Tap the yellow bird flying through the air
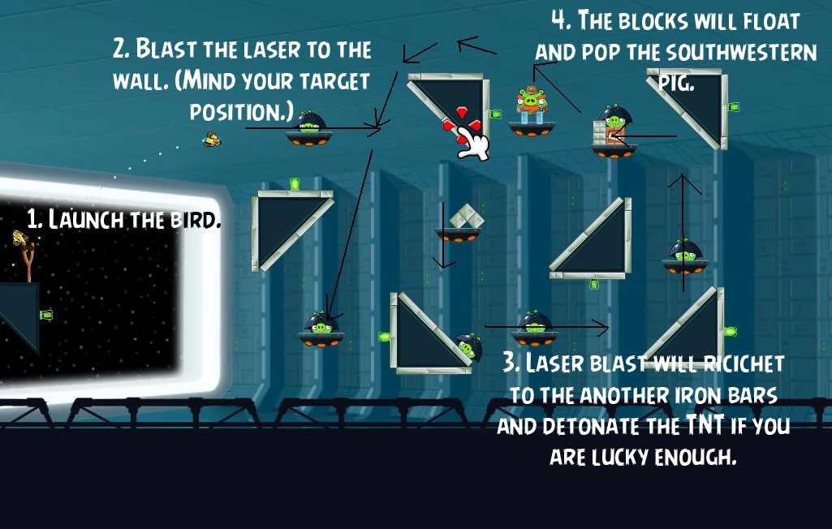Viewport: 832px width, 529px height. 212,139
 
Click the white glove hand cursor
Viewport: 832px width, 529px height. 473,144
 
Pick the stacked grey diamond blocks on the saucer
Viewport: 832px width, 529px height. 467,217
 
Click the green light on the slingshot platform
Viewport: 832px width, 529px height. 47,315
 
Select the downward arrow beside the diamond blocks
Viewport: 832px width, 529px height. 443,234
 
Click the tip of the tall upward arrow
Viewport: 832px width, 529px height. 683,175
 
